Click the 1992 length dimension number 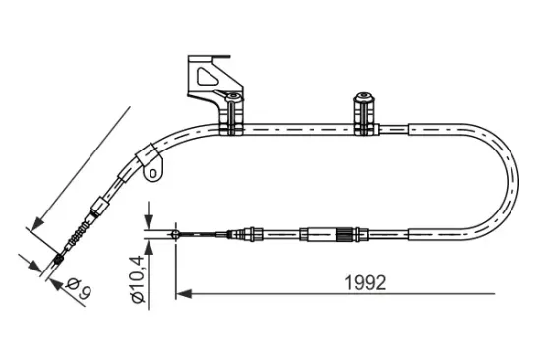click(x=363, y=281)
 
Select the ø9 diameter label click(x=79, y=288)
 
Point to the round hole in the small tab click(x=153, y=175)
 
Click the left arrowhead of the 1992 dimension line click(x=182, y=292)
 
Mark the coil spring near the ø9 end click(x=75, y=240)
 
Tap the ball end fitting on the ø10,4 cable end click(x=174, y=234)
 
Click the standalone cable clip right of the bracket click(x=363, y=116)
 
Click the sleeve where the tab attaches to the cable click(x=149, y=156)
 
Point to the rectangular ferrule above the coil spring click(x=97, y=209)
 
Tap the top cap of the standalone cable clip click(x=363, y=98)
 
